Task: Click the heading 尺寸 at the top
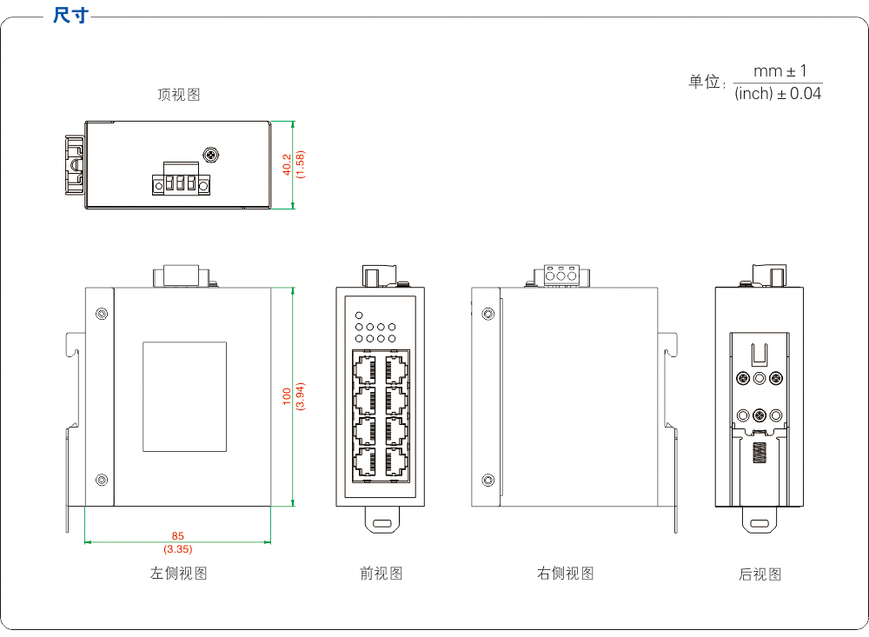(70, 16)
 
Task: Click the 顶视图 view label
(178, 95)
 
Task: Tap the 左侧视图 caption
(178, 574)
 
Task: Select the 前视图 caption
(381, 574)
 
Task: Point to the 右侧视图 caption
(565, 574)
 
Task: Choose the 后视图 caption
(760, 574)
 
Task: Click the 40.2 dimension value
(288, 165)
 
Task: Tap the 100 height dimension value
(287, 395)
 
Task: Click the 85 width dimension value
(178, 536)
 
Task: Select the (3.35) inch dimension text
(178, 549)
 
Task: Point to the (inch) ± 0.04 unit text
(777, 94)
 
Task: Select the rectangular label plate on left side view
(184, 396)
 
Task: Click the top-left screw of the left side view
(102, 313)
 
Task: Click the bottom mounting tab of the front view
(381, 523)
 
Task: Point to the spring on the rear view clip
(760, 453)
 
